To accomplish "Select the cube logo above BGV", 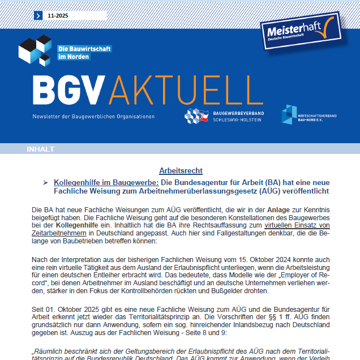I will pyautogui.click(x=35, y=50).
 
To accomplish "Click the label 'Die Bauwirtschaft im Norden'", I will pyautogui.click(x=84, y=53).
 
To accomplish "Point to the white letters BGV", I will pyautogui.click(x=69, y=89).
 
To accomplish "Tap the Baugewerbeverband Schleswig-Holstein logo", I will pyautogui.click(x=224, y=116).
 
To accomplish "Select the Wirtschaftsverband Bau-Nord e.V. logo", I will pyautogui.click(x=309, y=115).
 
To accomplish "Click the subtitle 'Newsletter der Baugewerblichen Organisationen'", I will pyautogui.click(x=93, y=117).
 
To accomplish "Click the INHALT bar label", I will pyautogui.click(x=41, y=149).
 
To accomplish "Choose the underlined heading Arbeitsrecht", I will pyautogui.click(x=181, y=170).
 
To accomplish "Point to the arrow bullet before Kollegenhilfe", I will pyautogui.click(x=45, y=183).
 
